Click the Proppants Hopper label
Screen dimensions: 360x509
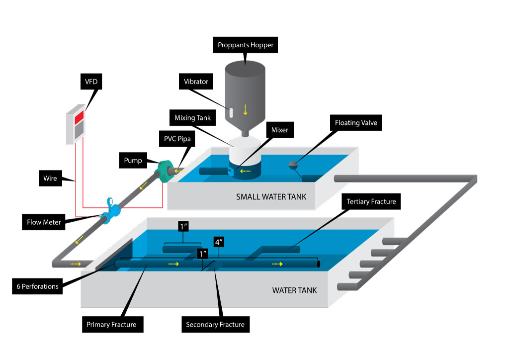point(246,45)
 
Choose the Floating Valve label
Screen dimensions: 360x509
point(356,122)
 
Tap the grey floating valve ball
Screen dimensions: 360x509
point(294,163)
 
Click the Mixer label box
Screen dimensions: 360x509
point(280,131)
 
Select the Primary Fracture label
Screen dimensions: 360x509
point(111,325)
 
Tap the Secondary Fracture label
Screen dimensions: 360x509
point(215,325)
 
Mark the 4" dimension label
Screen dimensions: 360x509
point(218,243)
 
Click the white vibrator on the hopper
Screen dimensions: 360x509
point(231,112)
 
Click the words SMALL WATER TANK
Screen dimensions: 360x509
point(271,197)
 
